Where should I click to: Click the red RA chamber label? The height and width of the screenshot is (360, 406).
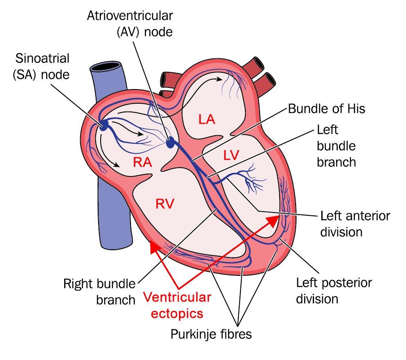(x=143, y=163)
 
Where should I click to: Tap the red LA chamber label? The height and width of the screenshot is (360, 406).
(x=207, y=119)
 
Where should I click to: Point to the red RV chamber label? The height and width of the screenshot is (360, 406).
(x=165, y=203)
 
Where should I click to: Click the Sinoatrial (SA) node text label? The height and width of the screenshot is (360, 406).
(x=42, y=66)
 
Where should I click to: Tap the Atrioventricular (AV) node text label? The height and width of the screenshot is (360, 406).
(x=130, y=24)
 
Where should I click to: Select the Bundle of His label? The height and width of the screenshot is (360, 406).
(x=327, y=109)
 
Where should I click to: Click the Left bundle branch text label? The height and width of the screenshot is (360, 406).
(x=336, y=146)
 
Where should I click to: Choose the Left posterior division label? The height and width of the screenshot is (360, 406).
(x=334, y=290)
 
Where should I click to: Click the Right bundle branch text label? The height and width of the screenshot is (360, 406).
(x=99, y=291)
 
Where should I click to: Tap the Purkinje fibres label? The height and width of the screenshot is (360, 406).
(x=211, y=334)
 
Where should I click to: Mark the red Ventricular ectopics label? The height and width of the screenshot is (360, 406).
(x=177, y=305)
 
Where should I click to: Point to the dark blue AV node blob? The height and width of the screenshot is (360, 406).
(x=170, y=142)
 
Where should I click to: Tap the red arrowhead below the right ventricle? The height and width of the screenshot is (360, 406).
(x=154, y=246)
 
